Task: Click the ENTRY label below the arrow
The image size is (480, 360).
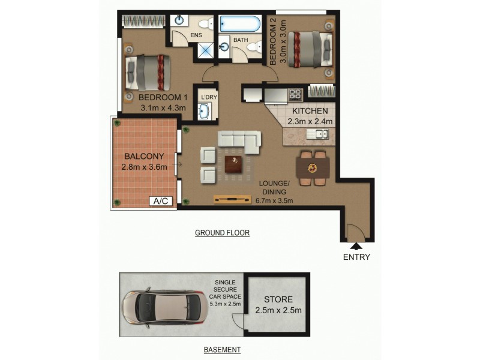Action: [x=356, y=257]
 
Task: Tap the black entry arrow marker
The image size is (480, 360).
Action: [x=356, y=245]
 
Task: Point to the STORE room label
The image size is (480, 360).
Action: [x=278, y=299]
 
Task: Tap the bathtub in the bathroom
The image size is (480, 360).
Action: [x=240, y=25]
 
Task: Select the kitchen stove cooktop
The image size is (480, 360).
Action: [x=295, y=94]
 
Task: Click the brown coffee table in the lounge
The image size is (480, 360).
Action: [x=233, y=163]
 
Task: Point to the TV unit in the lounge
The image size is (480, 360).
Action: [x=232, y=200]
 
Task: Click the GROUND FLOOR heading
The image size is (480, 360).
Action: [x=222, y=233]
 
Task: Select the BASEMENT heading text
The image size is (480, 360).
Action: [x=222, y=349]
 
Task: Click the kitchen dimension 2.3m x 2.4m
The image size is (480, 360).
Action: [x=309, y=122]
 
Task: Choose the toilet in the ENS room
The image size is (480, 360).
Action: [x=205, y=25]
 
